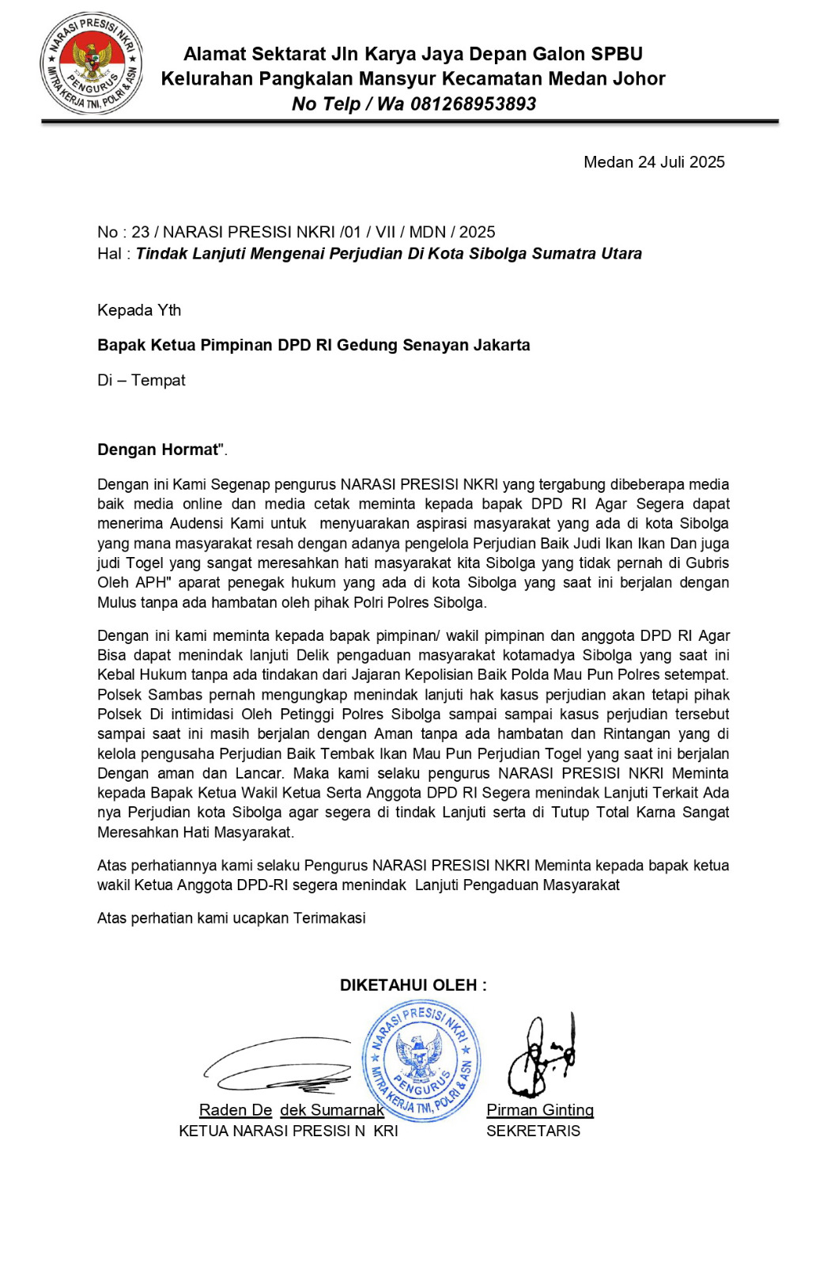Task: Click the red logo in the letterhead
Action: point(92,63)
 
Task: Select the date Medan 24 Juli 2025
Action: point(654,162)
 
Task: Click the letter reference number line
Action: point(296,232)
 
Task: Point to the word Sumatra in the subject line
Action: point(565,254)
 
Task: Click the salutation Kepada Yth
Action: point(139,310)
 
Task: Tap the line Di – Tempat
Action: point(142,381)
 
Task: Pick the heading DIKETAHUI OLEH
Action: point(413,985)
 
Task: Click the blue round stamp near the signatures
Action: point(421,1060)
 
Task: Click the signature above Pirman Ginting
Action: point(542,1056)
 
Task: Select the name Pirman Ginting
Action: point(540,1110)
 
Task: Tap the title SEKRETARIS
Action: point(533,1131)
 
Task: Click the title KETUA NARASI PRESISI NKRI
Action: point(289,1131)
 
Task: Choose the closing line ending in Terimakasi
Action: point(232,918)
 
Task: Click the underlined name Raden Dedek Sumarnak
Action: point(291,1110)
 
